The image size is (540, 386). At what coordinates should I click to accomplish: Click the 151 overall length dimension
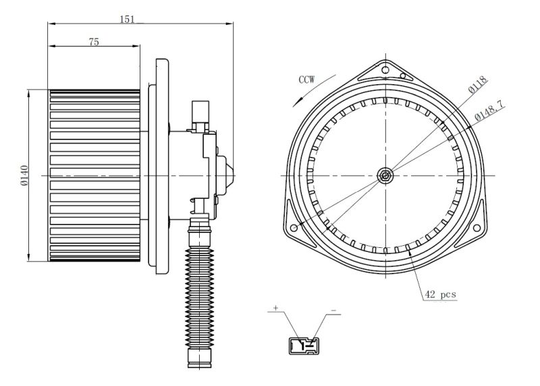pyautogui.click(x=127, y=20)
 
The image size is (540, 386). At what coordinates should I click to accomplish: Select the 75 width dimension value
pyautogui.click(x=94, y=42)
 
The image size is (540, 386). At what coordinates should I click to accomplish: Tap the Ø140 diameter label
pyautogui.click(x=24, y=176)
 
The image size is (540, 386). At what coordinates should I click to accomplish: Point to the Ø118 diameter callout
pyautogui.click(x=479, y=85)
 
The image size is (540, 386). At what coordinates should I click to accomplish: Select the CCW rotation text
pyautogui.click(x=306, y=79)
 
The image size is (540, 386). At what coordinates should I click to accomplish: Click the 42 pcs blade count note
pyautogui.click(x=440, y=294)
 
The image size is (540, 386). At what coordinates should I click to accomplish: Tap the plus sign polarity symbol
pyautogui.click(x=275, y=308)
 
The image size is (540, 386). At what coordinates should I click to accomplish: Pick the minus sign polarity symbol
pyautogui.click(x=333, y=311)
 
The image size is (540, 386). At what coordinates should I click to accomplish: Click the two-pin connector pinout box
pyautogui.click(x=304, y=346)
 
